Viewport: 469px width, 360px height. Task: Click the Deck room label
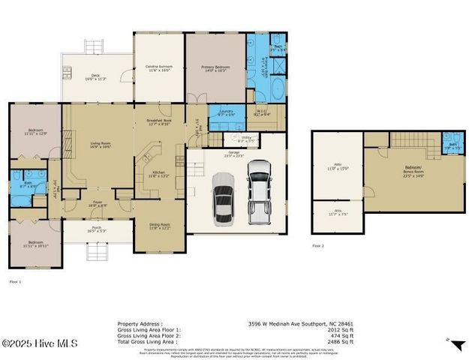click(95, 76)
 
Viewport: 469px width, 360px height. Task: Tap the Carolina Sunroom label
click(158, 69)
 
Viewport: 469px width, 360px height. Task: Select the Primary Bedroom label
click(215, 69)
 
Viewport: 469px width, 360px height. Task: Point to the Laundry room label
click(226, 112)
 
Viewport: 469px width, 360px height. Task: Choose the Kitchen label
click(158, 174)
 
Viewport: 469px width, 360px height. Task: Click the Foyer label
click(98, 203)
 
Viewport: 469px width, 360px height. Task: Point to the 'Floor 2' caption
click(319, 245)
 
